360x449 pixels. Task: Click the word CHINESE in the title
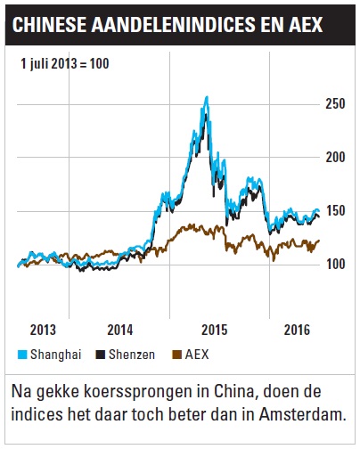pyautogui.click(x=49, y=24)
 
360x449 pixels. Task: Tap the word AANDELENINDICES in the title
pyautogui.click(x=173, y=24)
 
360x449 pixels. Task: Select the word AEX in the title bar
pyautogui.click(x=305, y=24)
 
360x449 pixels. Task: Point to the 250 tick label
pyautogui.click(x=335, y=104)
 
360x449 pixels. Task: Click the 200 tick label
pyautogui.click(x=335, y=157)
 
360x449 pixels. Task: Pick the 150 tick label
pyautogui.click(x=336, y=211)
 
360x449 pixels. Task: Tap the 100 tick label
pyautogui.click(x=336, y=264)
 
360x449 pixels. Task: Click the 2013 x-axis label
pyautogui.click(x=43, y=330)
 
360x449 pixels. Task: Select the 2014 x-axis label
pyautogui.click(x=120, y=330)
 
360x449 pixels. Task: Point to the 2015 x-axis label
pyautogui.click(x=214, y=330)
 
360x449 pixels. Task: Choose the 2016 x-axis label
pyautogui.click(x=297, y=330)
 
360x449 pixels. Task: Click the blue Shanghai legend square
pyautogui.click(x=22, y=355)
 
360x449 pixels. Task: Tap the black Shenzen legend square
pyautogui.click(x=101, y=355)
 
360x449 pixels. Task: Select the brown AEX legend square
pyautogui.click(x=176, y=355)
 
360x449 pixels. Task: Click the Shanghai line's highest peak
pyautogui.click(x=207, y=96)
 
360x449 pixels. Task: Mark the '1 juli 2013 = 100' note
pyautogui.click(x=65, y=63)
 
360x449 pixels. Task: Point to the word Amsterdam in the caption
pyautogui.click(x=303, y=414)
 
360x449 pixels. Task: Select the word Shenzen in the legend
pyautogui.click(x=132, y=355)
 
